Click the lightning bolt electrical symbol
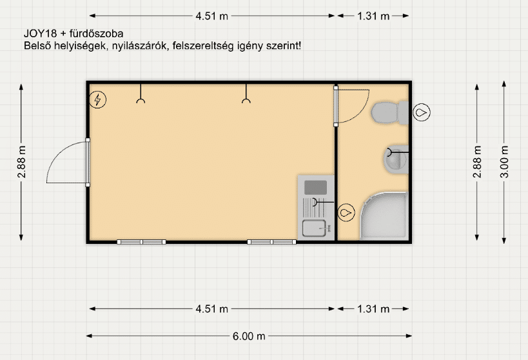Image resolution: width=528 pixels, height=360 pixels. (97, 100)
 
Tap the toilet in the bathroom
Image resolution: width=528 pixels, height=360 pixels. (390, 113)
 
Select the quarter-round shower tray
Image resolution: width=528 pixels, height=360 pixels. (384, 215)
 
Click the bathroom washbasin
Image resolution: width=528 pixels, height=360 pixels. (396, 159)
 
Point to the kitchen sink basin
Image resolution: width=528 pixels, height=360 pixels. (314, 228)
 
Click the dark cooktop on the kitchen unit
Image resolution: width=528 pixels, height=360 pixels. (315, 188)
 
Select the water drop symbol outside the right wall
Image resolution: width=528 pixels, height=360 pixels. (422, 112)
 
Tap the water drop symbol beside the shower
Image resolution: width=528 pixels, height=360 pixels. (346, 213)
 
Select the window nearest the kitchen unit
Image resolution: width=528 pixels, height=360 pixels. (272, 242)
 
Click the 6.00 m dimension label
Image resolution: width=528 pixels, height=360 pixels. (249, 336)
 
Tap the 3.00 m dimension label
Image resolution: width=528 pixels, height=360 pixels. (504, 162)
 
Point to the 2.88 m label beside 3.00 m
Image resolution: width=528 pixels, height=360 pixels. (477, 162)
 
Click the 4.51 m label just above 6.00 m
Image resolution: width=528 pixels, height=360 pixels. (212, 309)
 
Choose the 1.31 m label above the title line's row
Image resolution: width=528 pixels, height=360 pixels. (373, 16)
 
